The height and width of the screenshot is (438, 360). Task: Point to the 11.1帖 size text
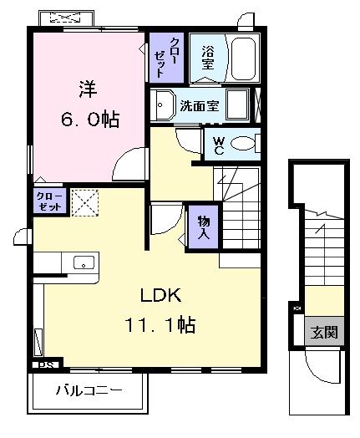coord(161,325)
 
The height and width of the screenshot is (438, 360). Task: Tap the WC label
coord(217,144)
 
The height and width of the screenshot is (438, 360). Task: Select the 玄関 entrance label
coord(325,332)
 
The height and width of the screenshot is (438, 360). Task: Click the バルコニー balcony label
coord(89,390)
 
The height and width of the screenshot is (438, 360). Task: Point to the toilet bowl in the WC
coord(243,143)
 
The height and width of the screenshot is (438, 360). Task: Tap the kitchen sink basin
coord(84,262)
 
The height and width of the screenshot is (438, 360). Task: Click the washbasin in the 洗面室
coord(162,104)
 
